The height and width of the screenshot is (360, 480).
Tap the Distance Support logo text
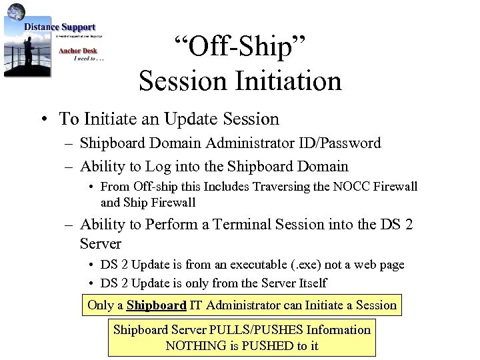pyautogui.click(x=60, y=27)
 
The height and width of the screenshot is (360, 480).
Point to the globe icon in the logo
pyautogui.click(x=17, y=11)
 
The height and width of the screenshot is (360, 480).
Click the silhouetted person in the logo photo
pyautogui.click(x=28, y=51)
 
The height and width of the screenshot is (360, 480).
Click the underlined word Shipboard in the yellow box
pyautogui.click(x=156, y=305)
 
